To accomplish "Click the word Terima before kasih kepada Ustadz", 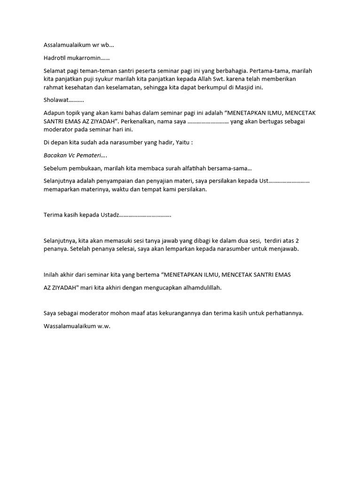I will point(53,215).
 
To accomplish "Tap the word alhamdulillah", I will point(199,287).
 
